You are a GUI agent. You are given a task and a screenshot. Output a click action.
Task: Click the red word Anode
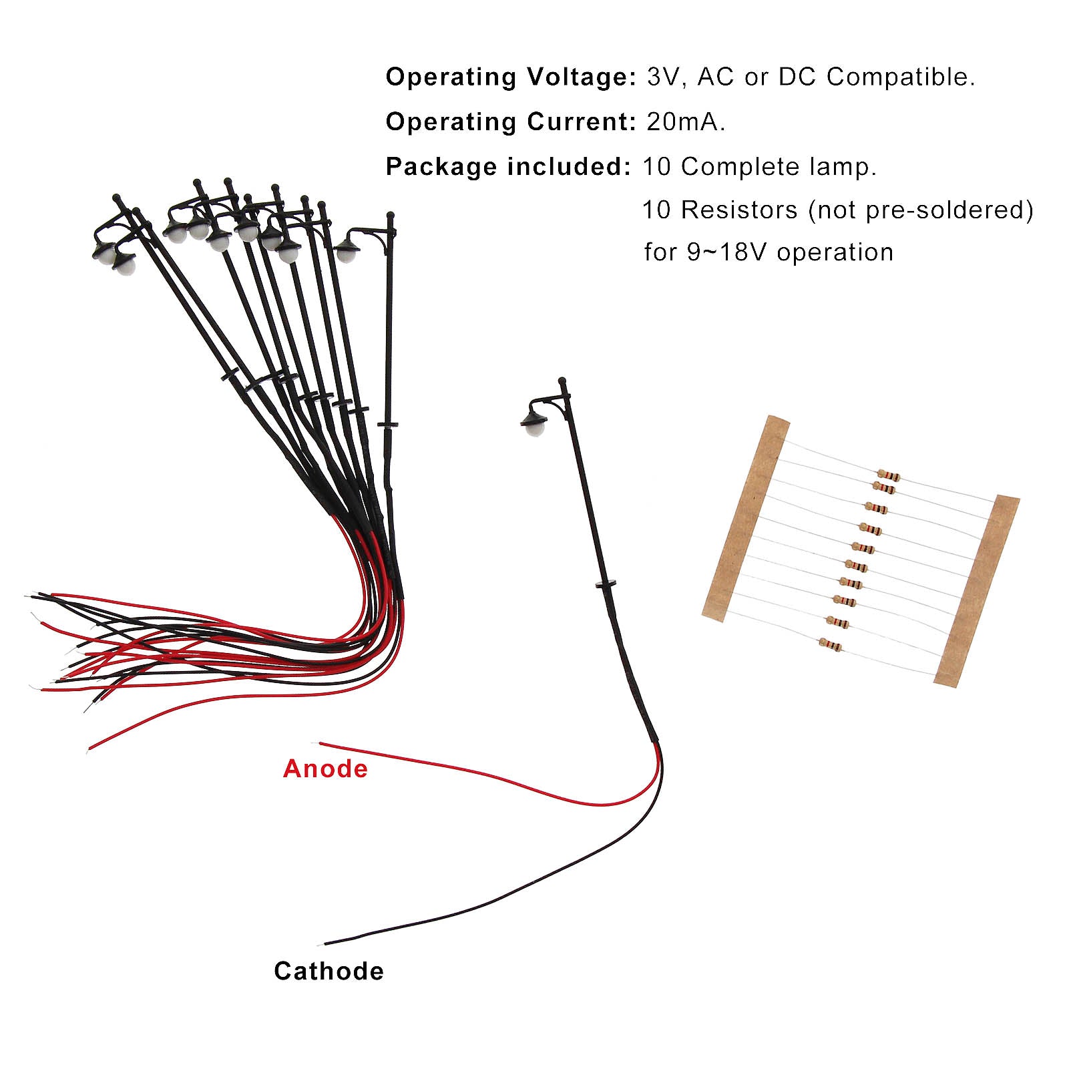[x=325, y=769]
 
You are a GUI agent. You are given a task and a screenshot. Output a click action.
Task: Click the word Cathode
[x=329, y=972]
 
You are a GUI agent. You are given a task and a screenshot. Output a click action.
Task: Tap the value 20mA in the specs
[x=685, y=122]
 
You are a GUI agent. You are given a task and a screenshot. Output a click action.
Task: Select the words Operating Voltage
[x=511, y=77]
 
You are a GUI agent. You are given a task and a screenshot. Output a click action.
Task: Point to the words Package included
[x=508, y=167]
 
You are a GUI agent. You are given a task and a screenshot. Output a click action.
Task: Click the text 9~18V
[x=728, y=252]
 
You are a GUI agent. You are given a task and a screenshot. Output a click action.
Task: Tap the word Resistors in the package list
[x=739, y=210]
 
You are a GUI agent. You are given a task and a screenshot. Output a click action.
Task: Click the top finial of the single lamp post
[x=562, y=381]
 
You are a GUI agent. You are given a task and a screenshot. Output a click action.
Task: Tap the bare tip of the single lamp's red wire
[x=321, y=743]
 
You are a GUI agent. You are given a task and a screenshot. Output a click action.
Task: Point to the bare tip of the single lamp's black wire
[x=326, y=943]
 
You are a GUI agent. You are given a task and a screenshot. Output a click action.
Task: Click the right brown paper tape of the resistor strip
[x=976, y=590]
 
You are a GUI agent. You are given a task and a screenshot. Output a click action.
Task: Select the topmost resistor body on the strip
[x=889, y=475]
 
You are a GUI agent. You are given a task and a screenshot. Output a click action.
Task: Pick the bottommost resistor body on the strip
[x=830, y=644]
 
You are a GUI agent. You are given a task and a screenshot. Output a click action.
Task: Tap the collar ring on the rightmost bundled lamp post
[x=388, y=424]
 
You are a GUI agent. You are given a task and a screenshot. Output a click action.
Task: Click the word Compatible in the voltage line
[x=901, y=77]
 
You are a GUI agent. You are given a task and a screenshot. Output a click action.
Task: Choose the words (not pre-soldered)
[x=921, y=210]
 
